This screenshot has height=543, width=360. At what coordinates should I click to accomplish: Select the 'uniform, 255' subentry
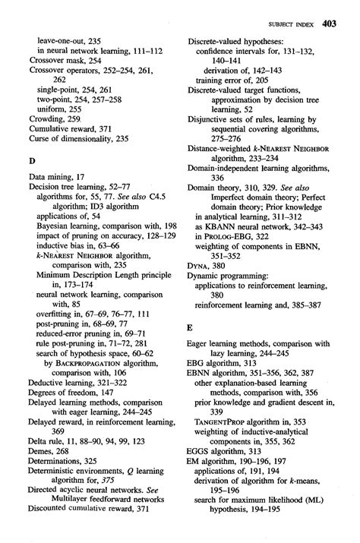pyautogui.click(x=63, y=109)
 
